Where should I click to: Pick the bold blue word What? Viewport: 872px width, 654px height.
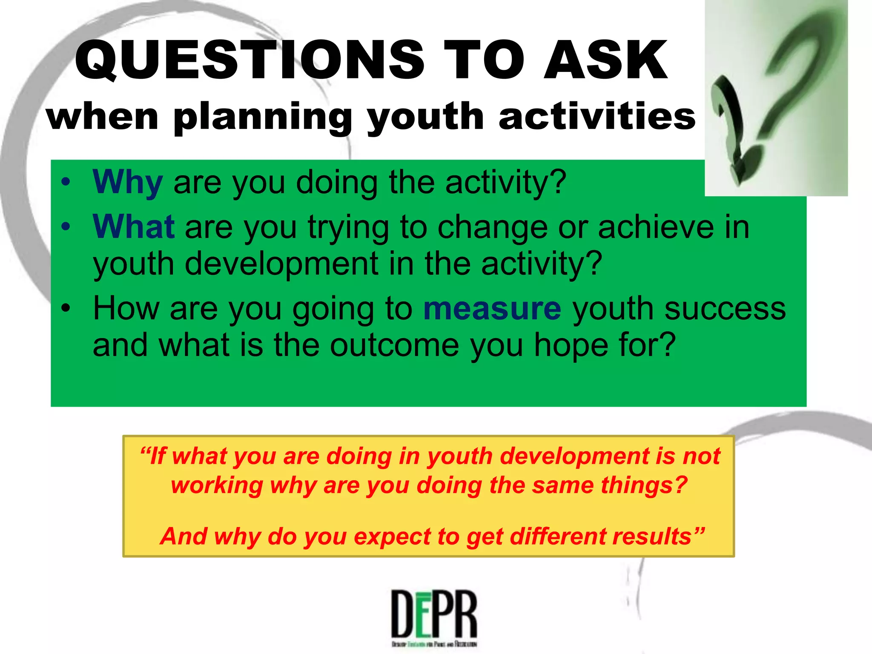[x=133, y=227]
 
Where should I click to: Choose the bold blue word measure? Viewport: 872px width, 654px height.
[x=492, y=308]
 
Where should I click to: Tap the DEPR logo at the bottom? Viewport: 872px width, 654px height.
[x=434, y=618]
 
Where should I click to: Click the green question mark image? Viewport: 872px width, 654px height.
[x=776, y=98]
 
